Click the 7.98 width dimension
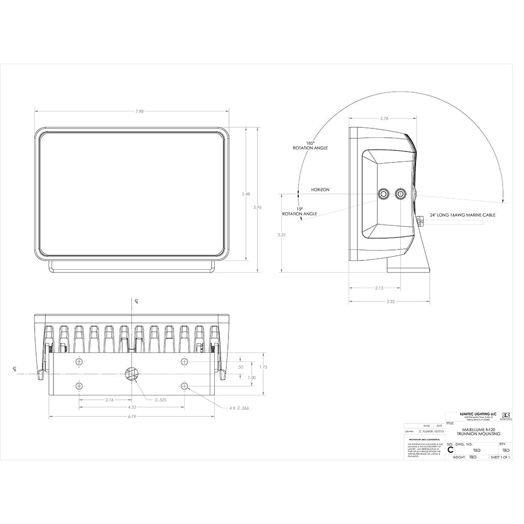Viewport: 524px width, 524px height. pos(132,111)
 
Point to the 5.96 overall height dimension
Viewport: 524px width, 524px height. pos(257,208)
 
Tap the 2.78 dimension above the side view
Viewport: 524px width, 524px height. pos(384,118)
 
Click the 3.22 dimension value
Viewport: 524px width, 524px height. pos(282,235)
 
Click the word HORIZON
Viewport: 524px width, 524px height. pos(320,190)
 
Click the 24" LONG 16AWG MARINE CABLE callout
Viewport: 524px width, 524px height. pos(463,215)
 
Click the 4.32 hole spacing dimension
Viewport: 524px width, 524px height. pos(132,407)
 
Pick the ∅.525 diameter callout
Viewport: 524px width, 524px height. pos(161,400)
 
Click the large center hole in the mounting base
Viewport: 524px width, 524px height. pos(131,373)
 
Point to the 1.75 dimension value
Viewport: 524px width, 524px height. pos(263,367)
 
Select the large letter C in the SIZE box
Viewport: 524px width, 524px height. pos(450,450)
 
